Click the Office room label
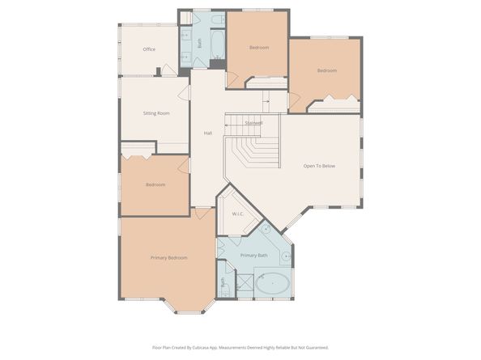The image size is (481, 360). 149,49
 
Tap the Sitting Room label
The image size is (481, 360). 156,113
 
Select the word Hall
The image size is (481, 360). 207,133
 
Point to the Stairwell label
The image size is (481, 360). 253,123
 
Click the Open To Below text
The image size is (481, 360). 318,166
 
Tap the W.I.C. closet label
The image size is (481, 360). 237,214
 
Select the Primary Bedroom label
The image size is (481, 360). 168,257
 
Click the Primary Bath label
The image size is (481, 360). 253,256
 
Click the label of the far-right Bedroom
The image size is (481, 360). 326,71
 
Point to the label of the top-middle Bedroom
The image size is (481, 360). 258,48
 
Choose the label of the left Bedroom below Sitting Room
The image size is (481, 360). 155,184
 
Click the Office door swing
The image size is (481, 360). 168,70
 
